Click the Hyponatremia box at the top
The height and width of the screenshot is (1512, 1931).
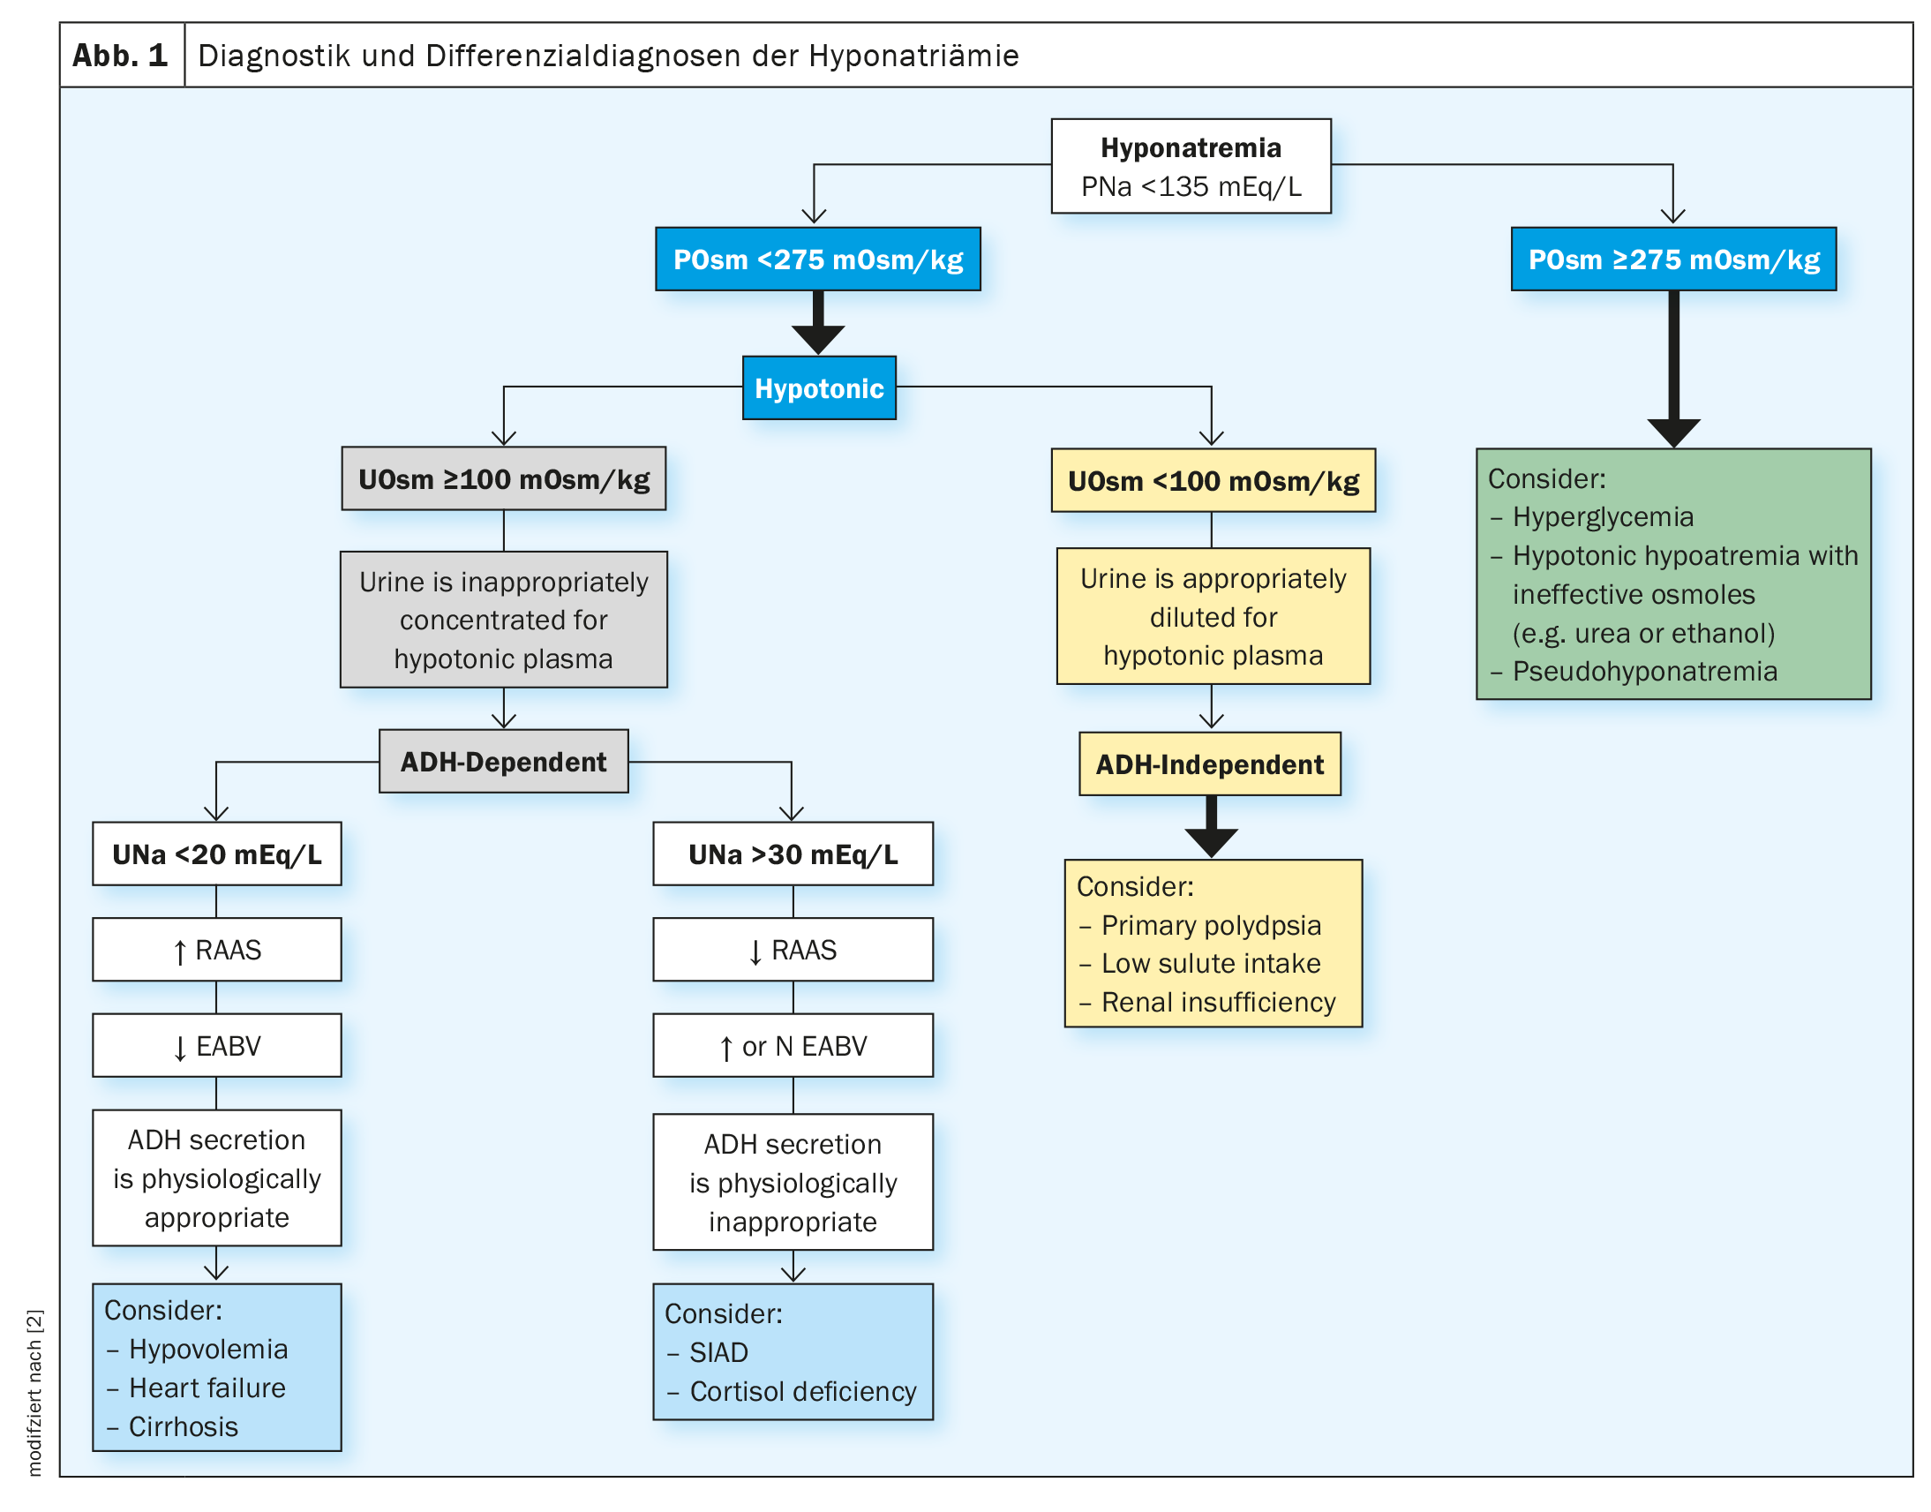[1191, 166]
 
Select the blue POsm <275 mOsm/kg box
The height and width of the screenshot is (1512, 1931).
[818, 259]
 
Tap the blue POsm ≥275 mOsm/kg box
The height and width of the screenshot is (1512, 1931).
[1672, 259]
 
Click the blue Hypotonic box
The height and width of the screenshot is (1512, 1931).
[819, 387]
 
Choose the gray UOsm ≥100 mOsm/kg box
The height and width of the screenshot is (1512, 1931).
[504, 478]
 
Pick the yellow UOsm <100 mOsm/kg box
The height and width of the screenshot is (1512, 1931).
[1213, 480]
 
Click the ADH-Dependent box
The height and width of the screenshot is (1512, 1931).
[504, 762]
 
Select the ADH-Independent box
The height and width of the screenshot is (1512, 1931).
[1210, 764]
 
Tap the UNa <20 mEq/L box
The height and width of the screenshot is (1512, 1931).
[217, 854]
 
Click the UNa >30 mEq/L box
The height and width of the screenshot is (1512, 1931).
[793, 854]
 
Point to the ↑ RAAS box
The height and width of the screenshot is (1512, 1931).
[217, 949]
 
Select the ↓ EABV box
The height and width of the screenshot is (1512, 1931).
[217, 1045]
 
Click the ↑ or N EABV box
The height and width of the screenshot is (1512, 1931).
[793, 1045]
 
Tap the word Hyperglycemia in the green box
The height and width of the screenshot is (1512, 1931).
[1603, 516]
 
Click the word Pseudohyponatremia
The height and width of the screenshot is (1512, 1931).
[1644, 671]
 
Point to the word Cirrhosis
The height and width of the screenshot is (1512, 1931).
[184, 1426]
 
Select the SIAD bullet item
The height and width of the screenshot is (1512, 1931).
[707, 1351]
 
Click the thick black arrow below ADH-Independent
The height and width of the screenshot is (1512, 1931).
[1211, 826]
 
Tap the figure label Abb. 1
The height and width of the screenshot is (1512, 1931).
[120, 55]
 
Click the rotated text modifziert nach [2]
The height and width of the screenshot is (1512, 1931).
[34, 1393]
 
